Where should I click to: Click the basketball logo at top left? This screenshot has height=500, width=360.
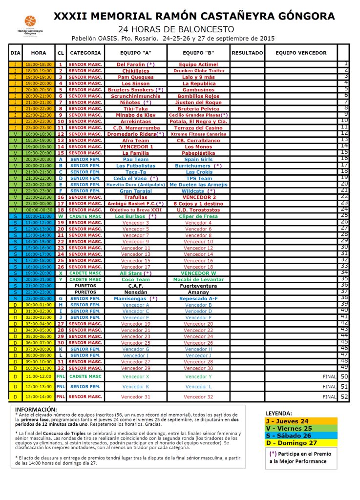click(30, 21)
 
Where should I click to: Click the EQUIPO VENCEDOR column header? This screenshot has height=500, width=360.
click(301, 53)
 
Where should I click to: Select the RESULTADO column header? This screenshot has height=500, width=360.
click(247, 53)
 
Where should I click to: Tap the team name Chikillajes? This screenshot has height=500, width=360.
click(135, 71)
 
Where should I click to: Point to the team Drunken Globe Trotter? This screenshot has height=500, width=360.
click(198, 71)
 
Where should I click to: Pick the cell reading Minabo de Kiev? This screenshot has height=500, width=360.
click(135, 115)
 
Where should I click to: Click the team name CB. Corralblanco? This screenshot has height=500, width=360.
click(198, 140)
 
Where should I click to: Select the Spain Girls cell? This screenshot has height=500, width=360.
click(198, 159)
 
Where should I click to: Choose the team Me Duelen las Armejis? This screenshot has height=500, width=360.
click(198, 185)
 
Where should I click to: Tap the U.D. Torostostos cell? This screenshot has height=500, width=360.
click(198, 209)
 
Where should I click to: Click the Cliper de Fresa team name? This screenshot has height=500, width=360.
click(198, 216)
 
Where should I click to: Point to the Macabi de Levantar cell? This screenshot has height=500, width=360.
click(198, 279)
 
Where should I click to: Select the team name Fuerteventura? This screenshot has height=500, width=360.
click(198, 286)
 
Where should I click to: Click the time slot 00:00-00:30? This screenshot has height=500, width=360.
click(39, 209)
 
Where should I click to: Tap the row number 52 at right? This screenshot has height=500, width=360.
click(344, 397)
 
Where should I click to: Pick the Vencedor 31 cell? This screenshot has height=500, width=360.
click(135, 397)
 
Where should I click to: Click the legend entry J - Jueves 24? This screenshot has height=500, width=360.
click(287, 421)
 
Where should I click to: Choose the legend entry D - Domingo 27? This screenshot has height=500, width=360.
click(291, 443)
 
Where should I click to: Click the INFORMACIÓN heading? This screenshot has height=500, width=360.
click(36, 409)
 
